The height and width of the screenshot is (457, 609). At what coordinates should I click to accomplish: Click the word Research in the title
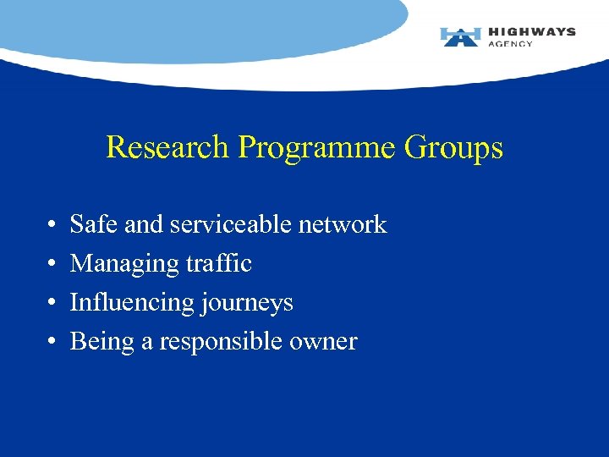(x=167, y=148)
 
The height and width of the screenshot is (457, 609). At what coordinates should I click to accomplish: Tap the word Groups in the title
(x=453, y=149)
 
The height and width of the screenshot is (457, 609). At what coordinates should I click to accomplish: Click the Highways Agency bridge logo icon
(x=460, y=36)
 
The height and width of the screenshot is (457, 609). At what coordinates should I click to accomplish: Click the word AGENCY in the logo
(x=510, y=44)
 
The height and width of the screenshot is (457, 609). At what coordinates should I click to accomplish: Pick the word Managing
(x=111, y=264)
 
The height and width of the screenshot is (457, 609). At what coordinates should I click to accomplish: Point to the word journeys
(x=251, y=304)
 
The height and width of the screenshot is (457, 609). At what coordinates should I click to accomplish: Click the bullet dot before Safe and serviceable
(x=52, y=226)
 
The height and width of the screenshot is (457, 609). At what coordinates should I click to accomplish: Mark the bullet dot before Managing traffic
(x=52, y=265)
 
